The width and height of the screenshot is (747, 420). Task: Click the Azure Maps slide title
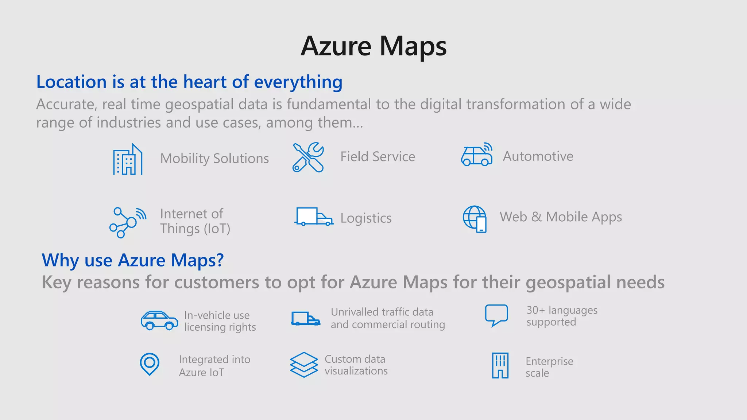[373, 46]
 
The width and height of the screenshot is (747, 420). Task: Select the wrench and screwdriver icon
[308, 157]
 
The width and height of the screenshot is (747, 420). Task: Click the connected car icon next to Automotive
[477, 155]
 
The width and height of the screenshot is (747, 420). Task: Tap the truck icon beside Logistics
[314, 217]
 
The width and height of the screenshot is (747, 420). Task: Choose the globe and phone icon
[475, 219]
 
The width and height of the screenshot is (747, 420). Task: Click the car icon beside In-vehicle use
[159, 320]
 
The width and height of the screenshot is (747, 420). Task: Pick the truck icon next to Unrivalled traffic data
[306, 319]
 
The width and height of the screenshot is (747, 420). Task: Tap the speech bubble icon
[496, 315]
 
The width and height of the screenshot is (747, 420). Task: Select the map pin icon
[150, 364]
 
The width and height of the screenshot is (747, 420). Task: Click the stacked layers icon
[304, 365]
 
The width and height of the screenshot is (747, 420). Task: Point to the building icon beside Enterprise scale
[500, 365]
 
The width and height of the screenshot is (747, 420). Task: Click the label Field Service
[378, 157]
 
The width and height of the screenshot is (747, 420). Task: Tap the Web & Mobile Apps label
[561, 217]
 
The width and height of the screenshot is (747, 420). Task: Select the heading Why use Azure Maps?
[133, 260]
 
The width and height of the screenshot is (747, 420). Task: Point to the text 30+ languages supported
[562, 316]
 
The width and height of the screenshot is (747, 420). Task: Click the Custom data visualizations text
[356, 365]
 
